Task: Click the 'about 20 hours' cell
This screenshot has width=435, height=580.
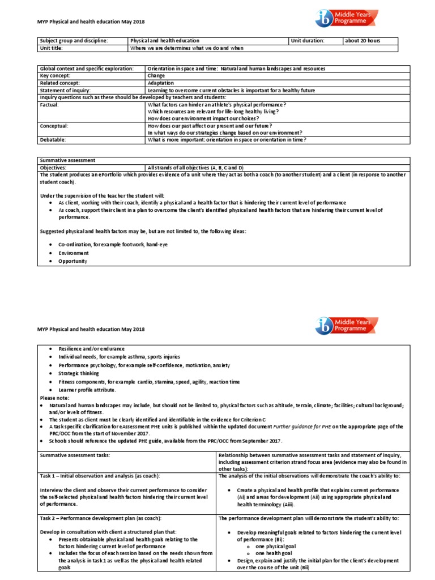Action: [362, 41]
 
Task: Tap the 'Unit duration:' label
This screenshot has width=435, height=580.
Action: [308, 41]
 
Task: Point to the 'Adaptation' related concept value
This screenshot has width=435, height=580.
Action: [161, 83]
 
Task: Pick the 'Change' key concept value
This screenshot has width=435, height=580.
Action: [156, 75]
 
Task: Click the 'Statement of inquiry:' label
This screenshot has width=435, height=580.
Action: [65, 90]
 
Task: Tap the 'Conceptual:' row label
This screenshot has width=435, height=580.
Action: [55, 126]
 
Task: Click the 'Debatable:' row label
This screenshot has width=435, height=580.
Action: [53, 139]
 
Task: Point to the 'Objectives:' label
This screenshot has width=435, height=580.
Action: [53, 168]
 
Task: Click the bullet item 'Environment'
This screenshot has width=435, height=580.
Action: [74, 253]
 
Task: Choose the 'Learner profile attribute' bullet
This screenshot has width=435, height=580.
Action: [87, 390]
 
